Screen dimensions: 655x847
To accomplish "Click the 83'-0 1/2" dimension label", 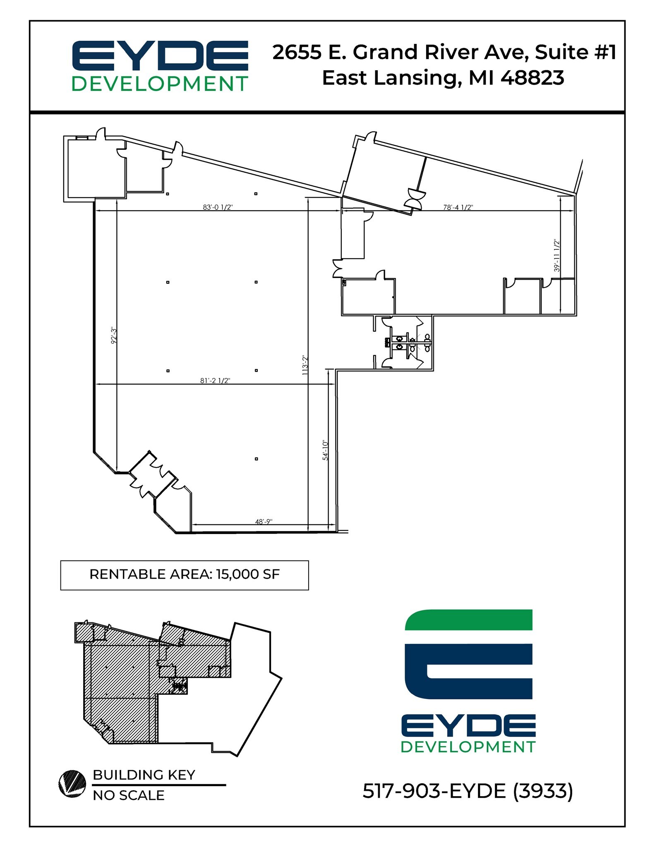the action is point(218,207).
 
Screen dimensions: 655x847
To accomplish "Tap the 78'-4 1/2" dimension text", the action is point(458,207).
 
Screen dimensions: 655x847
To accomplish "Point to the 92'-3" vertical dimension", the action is point(114,335).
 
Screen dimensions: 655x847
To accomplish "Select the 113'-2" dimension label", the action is point(305,365).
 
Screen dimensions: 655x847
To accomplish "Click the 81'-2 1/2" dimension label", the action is point(215,380).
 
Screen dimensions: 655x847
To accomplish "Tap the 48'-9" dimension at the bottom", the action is point(264,522).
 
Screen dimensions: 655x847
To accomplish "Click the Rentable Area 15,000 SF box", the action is point(185,575).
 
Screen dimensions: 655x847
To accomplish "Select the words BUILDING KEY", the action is point(144,775).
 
